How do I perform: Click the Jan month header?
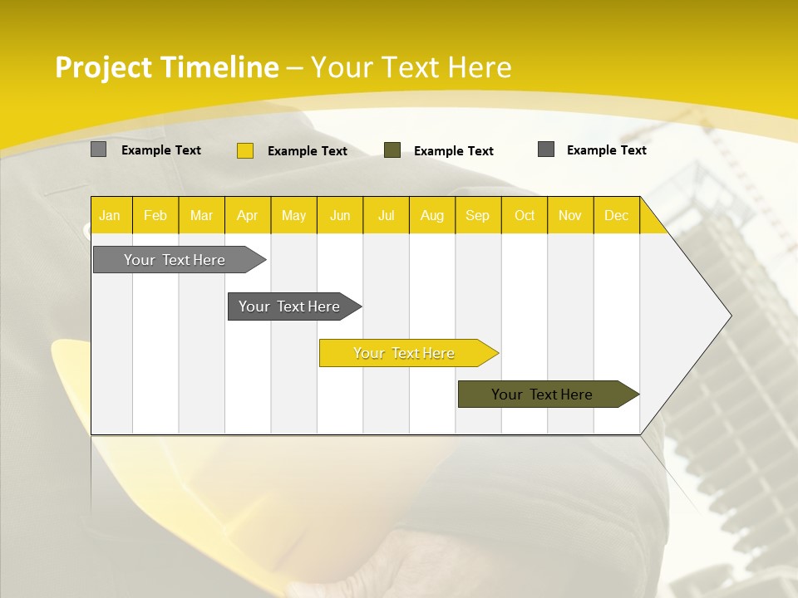tap(110, 215)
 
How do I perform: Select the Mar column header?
tap(201, 215)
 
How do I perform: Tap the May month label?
tap(293, 215)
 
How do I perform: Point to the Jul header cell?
tap(386, 215)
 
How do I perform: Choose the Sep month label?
tap(477, 215)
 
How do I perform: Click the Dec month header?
tap(616, 215)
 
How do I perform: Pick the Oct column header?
tap(525, 215)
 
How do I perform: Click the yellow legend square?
tap(245, 150)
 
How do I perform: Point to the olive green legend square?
tap(392, 149)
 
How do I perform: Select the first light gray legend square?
tap(98, 149)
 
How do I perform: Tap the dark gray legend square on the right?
tap(546, 149)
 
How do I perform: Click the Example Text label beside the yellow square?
tap(308, 151)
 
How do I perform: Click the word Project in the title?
tap(104, 67)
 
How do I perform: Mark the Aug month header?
tap(431, 215)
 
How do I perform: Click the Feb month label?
tap(155, 215)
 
